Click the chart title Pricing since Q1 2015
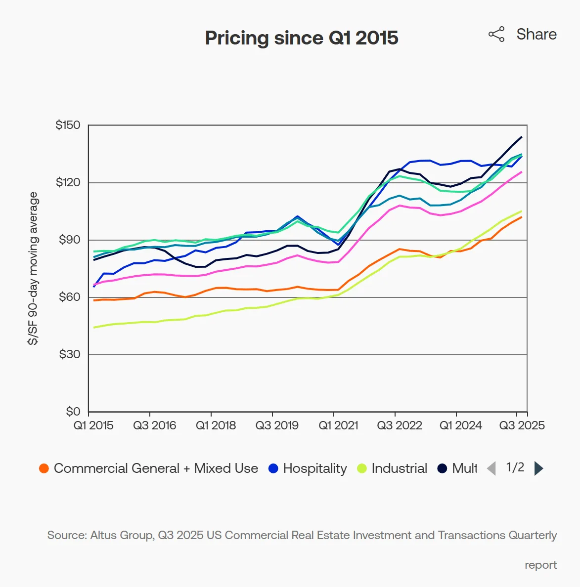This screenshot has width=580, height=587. click(x=302, y=38)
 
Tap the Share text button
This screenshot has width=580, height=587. click(x=536, y=34)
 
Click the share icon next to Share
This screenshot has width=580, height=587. click(x=496, y=34)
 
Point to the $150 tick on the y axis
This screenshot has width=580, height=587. click(x=68, y=125)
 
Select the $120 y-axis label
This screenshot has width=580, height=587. click(x=68, y=182)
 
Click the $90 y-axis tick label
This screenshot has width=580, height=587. click(x=69, y=240)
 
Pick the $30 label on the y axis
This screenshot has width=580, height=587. click(x=69, y=354)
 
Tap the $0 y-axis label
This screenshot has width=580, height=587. click(x=73, y=412)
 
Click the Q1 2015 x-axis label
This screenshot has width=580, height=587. click(x=93, y=425)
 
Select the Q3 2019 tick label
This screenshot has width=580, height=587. click(x=277, y=425)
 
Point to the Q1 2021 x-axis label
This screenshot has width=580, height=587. click(x=338, y=425)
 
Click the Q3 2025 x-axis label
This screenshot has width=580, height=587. click(x=522, y=425)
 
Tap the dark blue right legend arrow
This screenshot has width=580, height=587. click(x=539, y=468)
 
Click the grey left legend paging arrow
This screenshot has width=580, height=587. click(x=491, y=468)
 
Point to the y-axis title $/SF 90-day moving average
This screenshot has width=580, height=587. click(x=33, y=268)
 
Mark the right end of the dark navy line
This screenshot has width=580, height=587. click(x=521, y=137)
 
